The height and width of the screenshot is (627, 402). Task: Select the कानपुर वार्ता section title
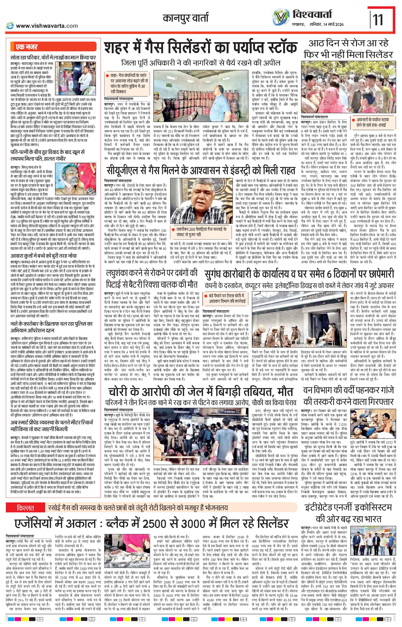(186, 19)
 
